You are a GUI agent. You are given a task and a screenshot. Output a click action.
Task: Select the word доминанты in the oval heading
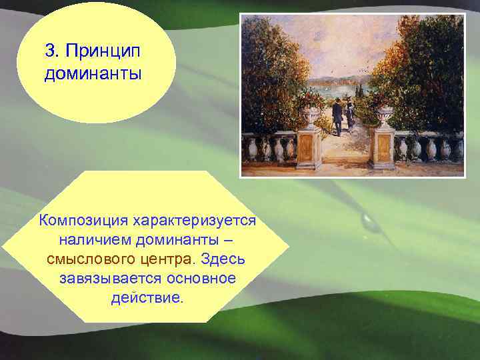(x=93, y=73)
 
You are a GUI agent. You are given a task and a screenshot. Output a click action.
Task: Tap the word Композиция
(x=83, y=220)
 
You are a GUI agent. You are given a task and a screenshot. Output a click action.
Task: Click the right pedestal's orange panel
(x=383, y=148)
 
